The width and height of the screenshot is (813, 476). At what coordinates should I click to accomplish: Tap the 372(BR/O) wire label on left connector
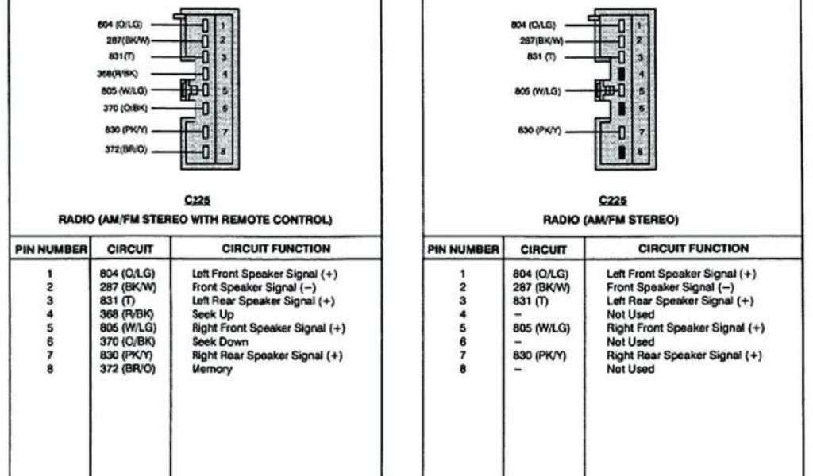(125, 150)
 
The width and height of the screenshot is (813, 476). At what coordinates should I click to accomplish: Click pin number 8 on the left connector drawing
(224, 151)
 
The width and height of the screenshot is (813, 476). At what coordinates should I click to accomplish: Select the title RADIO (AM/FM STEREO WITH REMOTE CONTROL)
(195, 219)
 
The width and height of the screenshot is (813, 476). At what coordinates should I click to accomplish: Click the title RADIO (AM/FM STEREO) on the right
(610, 219)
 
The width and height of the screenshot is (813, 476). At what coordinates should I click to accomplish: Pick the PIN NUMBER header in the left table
(51, 249)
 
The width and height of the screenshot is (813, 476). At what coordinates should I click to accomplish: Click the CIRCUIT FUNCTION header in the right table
(693, 248)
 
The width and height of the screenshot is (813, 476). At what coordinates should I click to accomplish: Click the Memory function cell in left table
(212, 370)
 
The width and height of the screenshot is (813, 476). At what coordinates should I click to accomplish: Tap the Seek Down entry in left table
(220, 342)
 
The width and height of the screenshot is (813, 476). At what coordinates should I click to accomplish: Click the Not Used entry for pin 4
(630, 314)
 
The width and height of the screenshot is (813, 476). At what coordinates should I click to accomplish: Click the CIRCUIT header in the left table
(130, 249)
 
